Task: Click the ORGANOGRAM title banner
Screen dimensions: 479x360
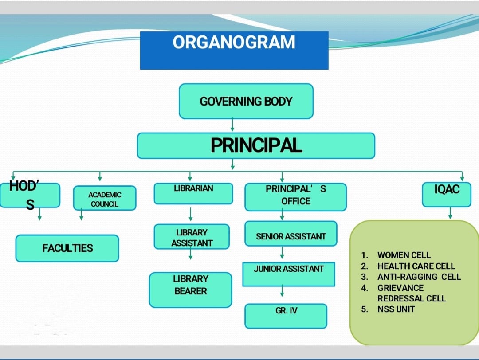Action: (234, 51)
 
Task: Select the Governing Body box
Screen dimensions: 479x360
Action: (246, 101)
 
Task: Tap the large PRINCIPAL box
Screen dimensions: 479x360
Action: (256, 146)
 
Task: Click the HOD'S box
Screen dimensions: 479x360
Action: (30, 195)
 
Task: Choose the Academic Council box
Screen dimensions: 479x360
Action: (105, 198)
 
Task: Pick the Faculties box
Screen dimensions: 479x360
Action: (67, 248)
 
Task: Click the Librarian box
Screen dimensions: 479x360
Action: (193, 193)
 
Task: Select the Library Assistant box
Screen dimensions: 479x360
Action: (192, 237)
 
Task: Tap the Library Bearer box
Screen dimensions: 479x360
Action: (191, 290)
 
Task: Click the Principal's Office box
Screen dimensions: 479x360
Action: (296, 197)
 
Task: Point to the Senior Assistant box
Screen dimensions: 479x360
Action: (291, 234)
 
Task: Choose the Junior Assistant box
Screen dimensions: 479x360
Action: (289, 274)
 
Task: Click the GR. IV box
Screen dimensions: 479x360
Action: (286, 316)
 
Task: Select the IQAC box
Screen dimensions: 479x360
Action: (447, 195)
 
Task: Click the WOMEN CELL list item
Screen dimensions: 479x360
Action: (404, 255)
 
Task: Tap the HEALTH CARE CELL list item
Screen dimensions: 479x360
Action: (416, 266)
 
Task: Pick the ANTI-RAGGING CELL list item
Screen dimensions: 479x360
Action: (419, 277)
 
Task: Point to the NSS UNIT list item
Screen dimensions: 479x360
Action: (396, 309)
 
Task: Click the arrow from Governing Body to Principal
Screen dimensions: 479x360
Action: (232, 125)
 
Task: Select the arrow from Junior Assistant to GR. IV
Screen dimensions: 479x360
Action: (282, 290)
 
